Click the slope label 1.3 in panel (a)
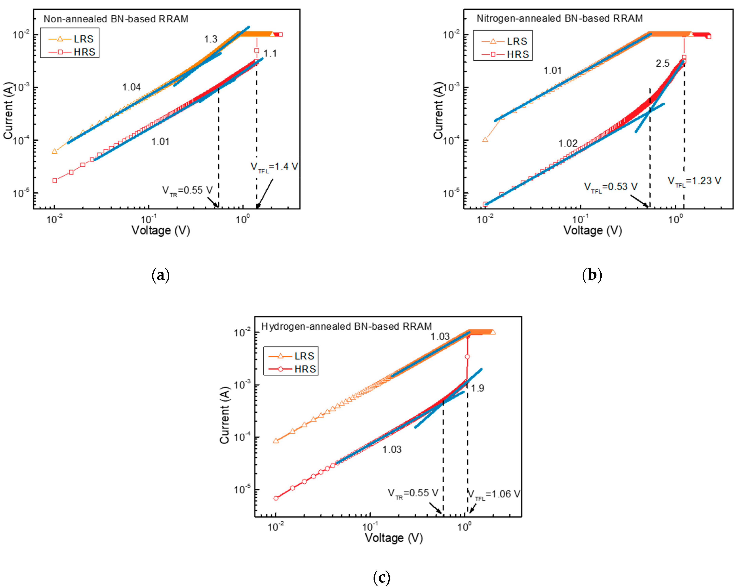[x=211, y=39]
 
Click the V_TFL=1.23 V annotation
[x=694, y=181]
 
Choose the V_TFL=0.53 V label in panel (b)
[x=611, y=187]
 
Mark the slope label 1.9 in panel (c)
[x=477, y=388]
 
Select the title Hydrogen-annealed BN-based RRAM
[x=346, y=326]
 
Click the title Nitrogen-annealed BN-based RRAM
[x=560, y=18]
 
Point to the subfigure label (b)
[x=592, y=275]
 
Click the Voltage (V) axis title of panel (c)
[x=394, y=538]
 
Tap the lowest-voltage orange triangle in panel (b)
[x=485, y=140]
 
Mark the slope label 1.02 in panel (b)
[x=568, y=143]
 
